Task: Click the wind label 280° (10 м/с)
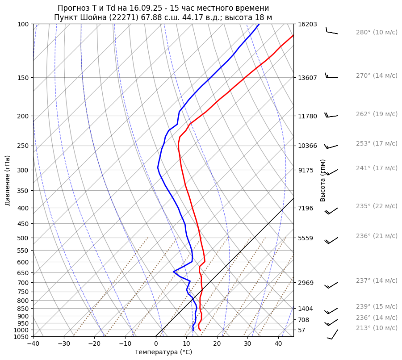coord(377,32)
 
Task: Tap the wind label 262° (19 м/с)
coord(377,114)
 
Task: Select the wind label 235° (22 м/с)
coord(377,206)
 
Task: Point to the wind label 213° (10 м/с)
coord(377,328)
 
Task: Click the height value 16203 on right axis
coord(307,24)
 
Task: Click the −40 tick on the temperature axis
coord(33,344)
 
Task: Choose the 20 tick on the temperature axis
coord(217,344)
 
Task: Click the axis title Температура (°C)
coord(163,352)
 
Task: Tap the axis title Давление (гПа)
coord(8,180)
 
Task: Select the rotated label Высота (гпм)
coord(323,180)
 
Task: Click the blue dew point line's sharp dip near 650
coord(174,272)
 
